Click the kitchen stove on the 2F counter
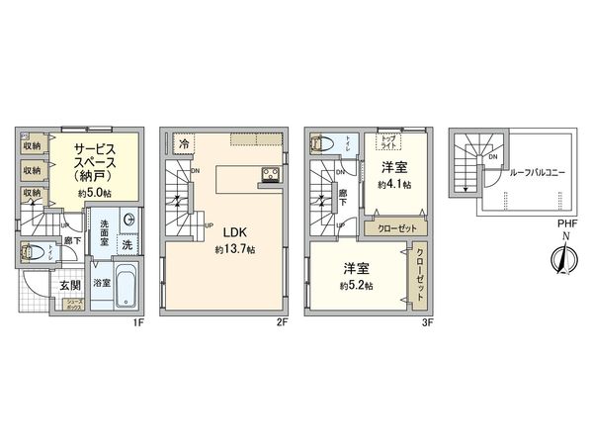pos(270,177)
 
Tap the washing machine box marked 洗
pos(127,243)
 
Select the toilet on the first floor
pos(32,251)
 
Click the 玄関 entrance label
pos(70,286)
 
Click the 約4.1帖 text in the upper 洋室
pos(395,184)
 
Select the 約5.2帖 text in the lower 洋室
pos(358,285)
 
